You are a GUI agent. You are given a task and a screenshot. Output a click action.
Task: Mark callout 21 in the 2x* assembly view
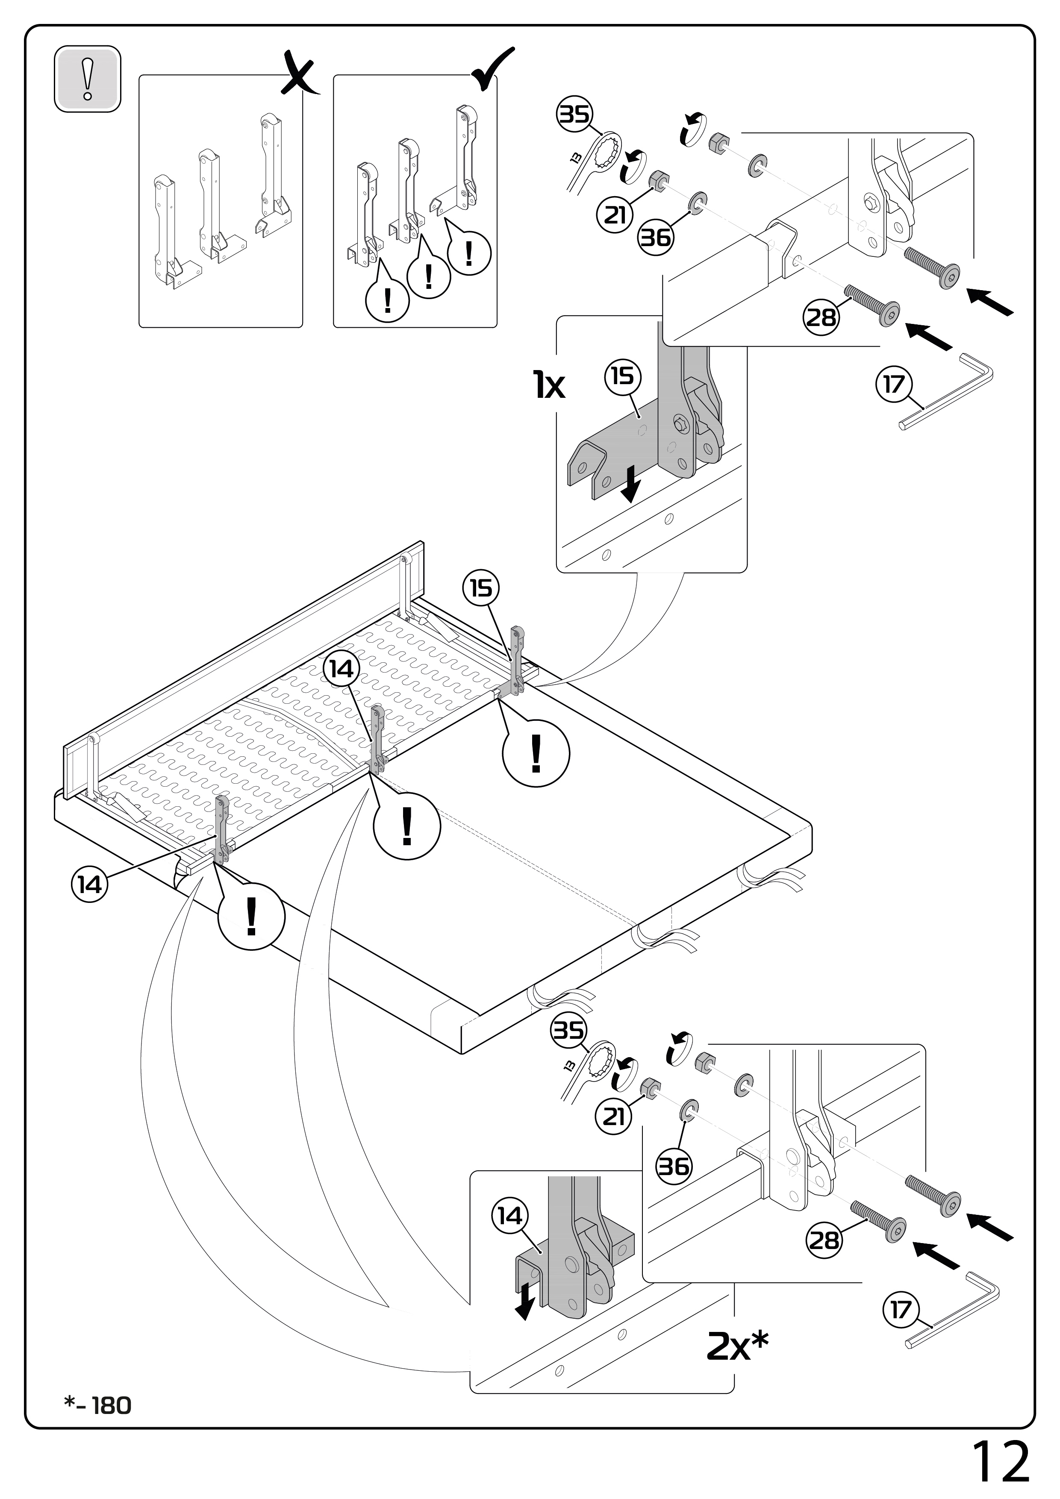click(x=613, y=1117)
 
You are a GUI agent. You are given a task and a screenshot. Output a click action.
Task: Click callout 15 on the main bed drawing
click(x=481, y=588)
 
